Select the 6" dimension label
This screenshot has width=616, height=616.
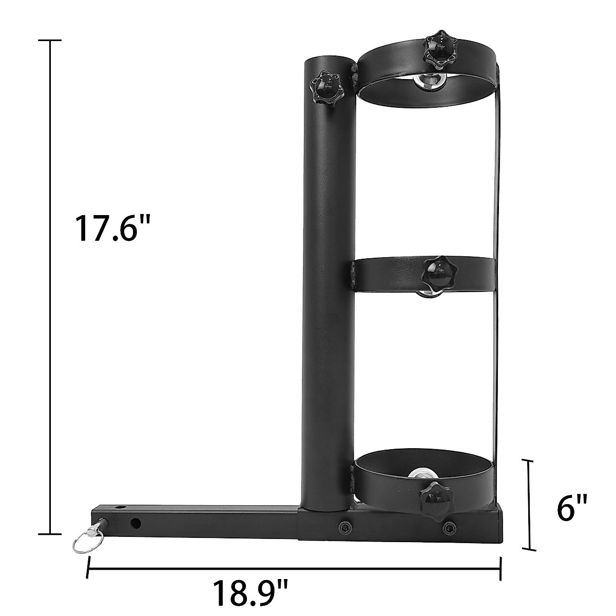[571, 508]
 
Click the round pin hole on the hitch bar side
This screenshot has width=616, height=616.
[136, 523]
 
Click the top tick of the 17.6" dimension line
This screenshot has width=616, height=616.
[50, 40]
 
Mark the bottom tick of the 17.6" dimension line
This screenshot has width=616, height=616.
[50, 534]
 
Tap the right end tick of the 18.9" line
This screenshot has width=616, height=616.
[500, 568]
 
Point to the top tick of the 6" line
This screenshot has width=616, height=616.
[529, 461]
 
